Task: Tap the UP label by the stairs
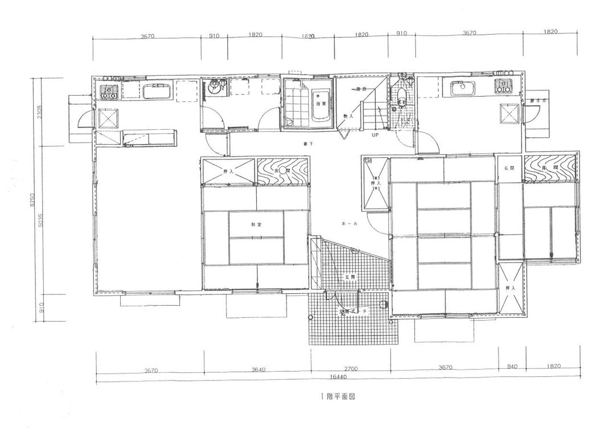(x=375, y=136)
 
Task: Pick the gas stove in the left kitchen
(x=108, y=91)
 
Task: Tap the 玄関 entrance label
(x=348, y=277)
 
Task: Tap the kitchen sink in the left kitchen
(x=156, y=92)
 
